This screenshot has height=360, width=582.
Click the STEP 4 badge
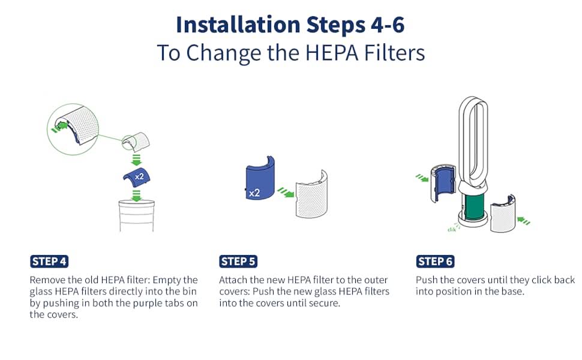49,261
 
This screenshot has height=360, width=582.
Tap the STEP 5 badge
238,261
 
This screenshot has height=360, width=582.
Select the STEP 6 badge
435,261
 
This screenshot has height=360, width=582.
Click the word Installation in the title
238,25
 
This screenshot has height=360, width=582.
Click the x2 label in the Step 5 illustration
254,193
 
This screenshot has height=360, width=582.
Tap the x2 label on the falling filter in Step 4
139,176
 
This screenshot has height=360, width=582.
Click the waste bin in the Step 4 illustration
136,215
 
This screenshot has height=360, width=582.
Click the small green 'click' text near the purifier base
452,230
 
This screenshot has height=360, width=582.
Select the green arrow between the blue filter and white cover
286,192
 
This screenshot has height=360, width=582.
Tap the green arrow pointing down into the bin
137,196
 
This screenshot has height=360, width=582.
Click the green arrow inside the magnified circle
60,127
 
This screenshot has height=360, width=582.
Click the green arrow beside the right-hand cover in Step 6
523,221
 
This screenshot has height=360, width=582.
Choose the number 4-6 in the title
388,25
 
